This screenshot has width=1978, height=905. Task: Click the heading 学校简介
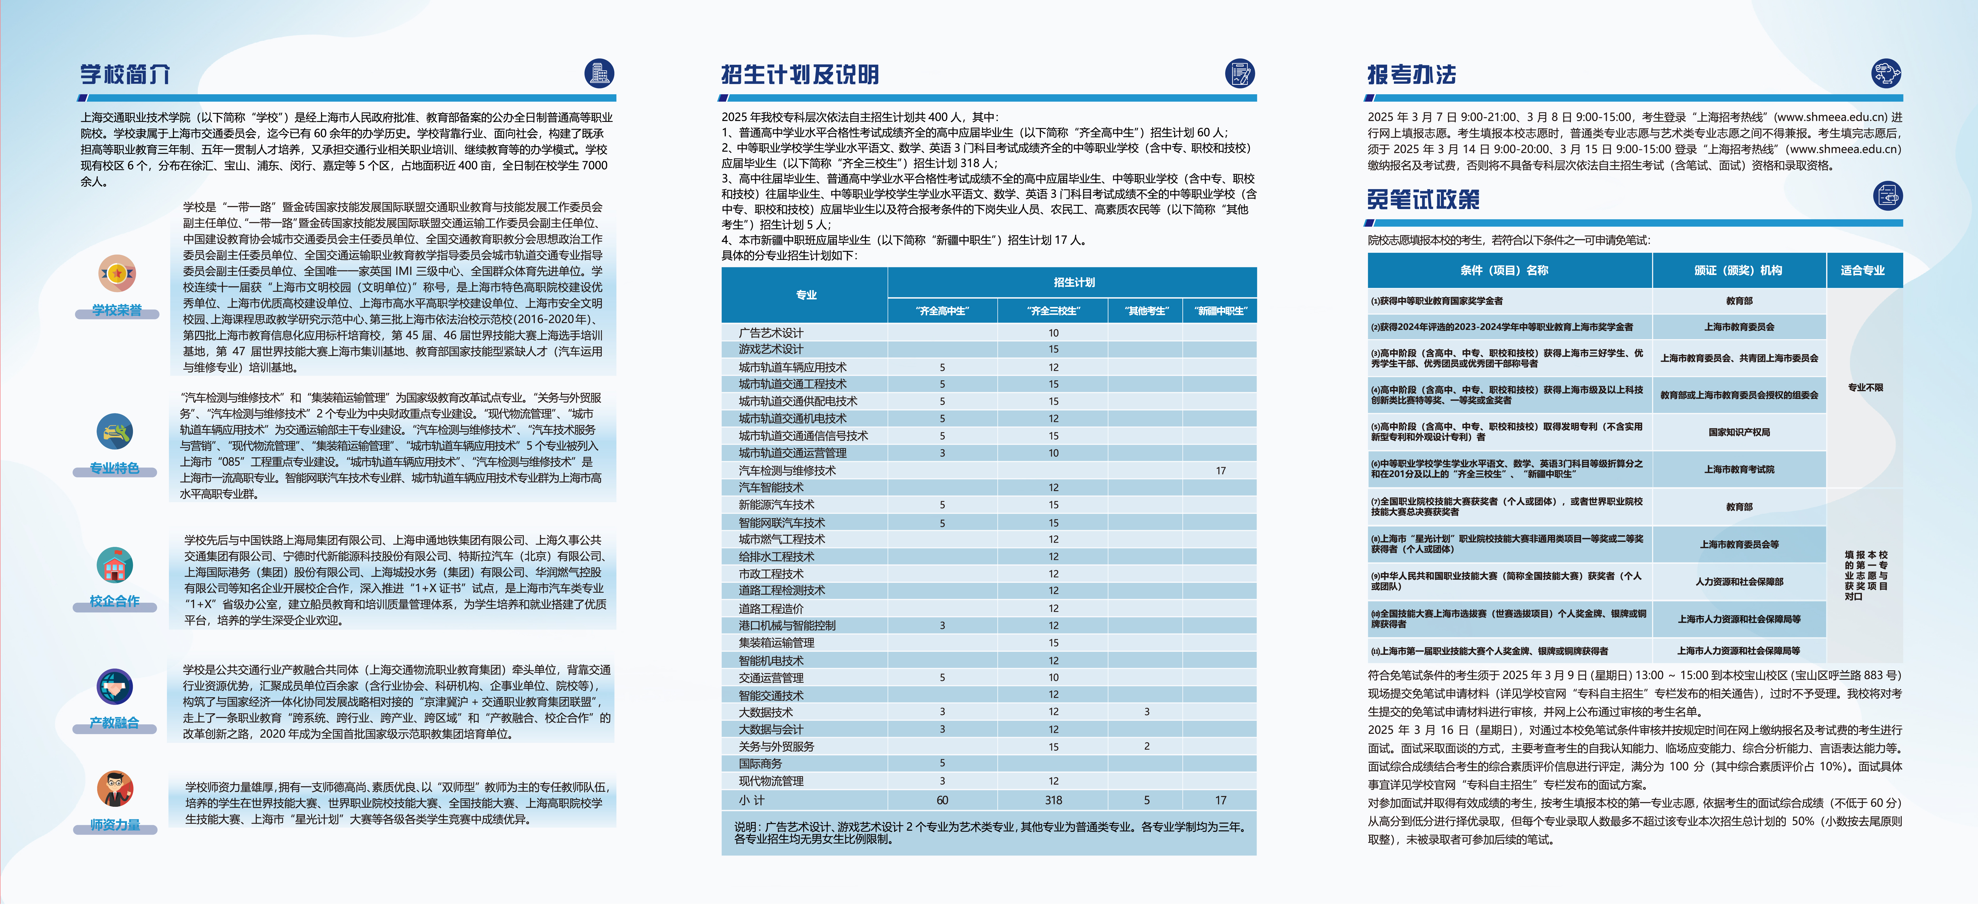(124, 75)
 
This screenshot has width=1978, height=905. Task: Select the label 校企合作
(115, 601)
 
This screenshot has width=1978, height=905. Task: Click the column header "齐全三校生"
(1053, 311)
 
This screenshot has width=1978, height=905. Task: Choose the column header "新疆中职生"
(1220, 311)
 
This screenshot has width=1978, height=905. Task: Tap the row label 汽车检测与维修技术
(787, 471)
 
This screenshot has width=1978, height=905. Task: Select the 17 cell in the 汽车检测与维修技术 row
(1220, 471)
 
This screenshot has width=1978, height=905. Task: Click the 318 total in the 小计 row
(1053, 800)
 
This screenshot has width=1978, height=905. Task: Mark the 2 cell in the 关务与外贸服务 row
(1146, 746)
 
